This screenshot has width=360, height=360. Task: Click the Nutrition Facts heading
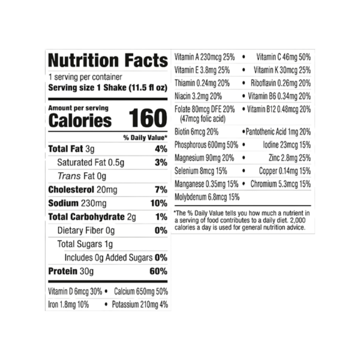click(x=108, y=61)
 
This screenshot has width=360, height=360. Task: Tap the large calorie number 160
click(x=148, y=118)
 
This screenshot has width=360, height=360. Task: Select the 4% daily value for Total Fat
click(x=161, y=149)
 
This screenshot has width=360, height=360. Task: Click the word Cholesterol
click(x=71, y=190)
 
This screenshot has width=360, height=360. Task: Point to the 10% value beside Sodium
click(x=159, y=203)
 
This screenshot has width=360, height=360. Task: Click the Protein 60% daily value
click(x=158, y=271)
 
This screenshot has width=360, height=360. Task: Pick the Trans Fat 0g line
click(x=82, y=176)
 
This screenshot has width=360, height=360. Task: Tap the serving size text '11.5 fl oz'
click(x=148, y=88)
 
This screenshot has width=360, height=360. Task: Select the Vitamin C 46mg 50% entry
click(x=284, y=57)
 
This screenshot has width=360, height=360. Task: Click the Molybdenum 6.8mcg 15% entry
click(x=207, y=197)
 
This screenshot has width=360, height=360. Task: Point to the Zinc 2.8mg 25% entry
click(x=290, y=158)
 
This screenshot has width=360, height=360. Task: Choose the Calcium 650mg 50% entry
click(x=141, y=292)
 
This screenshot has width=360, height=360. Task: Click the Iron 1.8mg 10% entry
click(x=68, y=305)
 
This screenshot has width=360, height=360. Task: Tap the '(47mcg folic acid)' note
click(x=203, y=119)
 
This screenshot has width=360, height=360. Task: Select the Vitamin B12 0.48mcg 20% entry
click(x=279, y=109)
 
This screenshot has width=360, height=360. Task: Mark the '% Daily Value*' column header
click(x=145, y=138)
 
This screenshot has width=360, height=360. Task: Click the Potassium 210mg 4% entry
click(x=140, y=305)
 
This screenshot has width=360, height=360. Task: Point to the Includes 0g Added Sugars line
click(x=116, y=257)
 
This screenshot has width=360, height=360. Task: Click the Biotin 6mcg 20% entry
click(x=197, y=132)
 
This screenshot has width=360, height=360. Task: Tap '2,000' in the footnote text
click(x=298, y=220)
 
